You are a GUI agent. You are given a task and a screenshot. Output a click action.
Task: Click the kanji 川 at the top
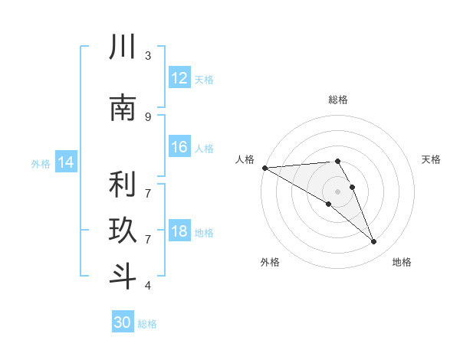pyautogui.click(x=123, y=46)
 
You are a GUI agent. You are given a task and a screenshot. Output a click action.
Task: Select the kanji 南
pyautogui.click(x=123, y=107)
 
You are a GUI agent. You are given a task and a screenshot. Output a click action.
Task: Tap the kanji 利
pyautogui.click(x=123, y=184)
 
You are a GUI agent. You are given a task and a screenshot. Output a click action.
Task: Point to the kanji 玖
pyautogui.click(x=123, y=230)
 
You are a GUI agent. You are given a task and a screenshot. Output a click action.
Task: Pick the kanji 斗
pyautogui.click(x=123, y=276)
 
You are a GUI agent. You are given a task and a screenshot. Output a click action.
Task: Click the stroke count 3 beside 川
pyautogui.click(x=148, y=56)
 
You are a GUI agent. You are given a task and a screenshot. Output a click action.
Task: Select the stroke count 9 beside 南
pyautogui.click(x=148, y=117)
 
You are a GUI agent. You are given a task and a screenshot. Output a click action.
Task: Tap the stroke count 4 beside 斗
pyautogui.click(x=148, y=285)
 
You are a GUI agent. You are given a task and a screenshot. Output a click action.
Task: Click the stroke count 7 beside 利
pyautogui.click(x=148, y=194)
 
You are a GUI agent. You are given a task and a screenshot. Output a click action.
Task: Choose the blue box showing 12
pyautogui.click(x=179, y=77)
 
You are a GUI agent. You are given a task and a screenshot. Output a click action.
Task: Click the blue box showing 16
pyautogui.click(x=179, y=146)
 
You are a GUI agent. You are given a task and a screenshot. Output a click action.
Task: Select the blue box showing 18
pyautogui.click(x=179, y=230)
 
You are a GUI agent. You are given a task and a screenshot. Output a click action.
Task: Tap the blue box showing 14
pyautogui.click(x=66, y=162)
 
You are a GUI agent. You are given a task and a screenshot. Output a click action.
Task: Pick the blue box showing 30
pyautogui.click(x=123, y=321)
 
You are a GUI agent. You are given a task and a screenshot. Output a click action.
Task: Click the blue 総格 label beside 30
pyautogui.click(x=147, y=324)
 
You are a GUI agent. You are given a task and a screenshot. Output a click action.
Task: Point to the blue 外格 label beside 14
pyautogui.click(x=41, y=164)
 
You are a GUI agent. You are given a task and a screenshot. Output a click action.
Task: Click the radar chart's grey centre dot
pyautogui.click(x=337, y=191)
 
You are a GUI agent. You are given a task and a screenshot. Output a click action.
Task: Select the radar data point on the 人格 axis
pyautogui.click(x=265, y=168)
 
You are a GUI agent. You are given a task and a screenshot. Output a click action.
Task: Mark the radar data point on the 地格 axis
pyautogui.click(x=374, y=241)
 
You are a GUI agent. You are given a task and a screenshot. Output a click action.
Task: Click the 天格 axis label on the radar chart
pyautogui.click(x=431, y=159)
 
